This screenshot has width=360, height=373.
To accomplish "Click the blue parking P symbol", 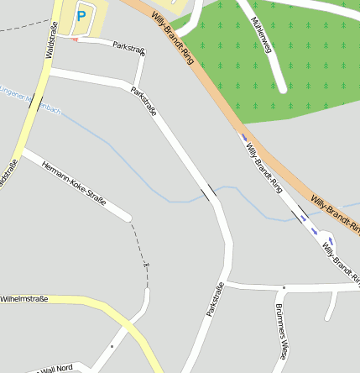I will [81, 14].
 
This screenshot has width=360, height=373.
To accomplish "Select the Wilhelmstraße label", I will [24, 298].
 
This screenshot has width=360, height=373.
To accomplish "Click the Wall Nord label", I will [55, 368].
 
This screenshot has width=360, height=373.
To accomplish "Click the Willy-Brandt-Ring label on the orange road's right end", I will [335, 209].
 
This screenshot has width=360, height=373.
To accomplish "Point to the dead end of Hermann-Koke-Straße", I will [128, 218].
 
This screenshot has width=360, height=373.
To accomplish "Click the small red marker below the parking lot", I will [76, 39].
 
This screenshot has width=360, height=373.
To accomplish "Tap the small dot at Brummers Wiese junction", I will [284, 288].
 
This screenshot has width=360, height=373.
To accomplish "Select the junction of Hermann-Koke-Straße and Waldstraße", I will [23, 152].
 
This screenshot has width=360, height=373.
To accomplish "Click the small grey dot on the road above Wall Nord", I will [112, 345].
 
